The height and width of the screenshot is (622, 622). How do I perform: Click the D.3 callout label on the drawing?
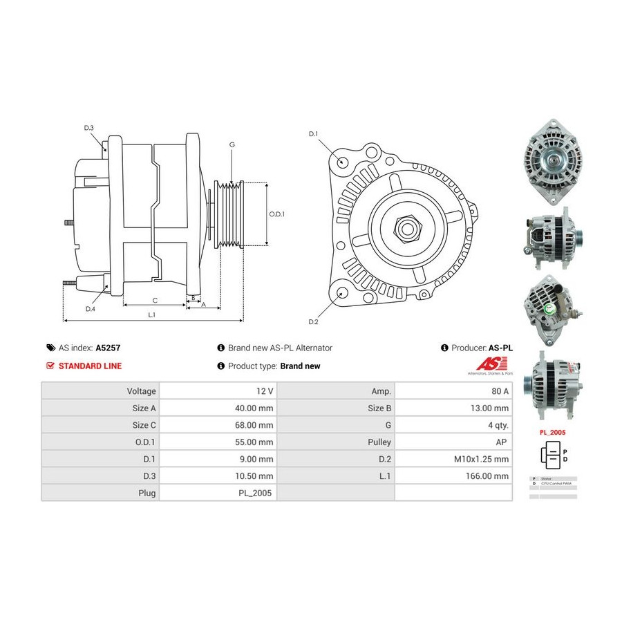click(x=89, y=128)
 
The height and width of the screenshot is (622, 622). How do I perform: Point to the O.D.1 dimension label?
click(x=277, y=214)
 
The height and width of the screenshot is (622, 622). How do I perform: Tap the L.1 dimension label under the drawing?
click(x=152, y=315)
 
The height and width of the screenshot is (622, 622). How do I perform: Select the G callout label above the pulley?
click(x=232, y=144)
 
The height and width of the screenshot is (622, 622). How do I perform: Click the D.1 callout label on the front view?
click(x=313, y=133)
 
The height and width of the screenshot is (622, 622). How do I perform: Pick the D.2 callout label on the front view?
click(x=313, y=322)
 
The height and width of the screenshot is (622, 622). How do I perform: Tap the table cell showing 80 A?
click(x=453, y=391)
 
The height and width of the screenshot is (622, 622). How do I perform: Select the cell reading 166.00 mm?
click(x=453, y=475)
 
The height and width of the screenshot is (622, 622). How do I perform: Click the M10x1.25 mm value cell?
click(x=453, y=459)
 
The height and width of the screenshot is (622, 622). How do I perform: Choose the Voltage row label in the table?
click(x=100, y=391)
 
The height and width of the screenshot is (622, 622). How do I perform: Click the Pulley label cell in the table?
click(x=335, y=442)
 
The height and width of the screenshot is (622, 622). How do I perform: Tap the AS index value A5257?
click(x=108, y=348)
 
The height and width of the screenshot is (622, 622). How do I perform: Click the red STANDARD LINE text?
click(x=90, y=366)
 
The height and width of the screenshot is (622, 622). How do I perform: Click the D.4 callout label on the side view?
click(x=91, y=309)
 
